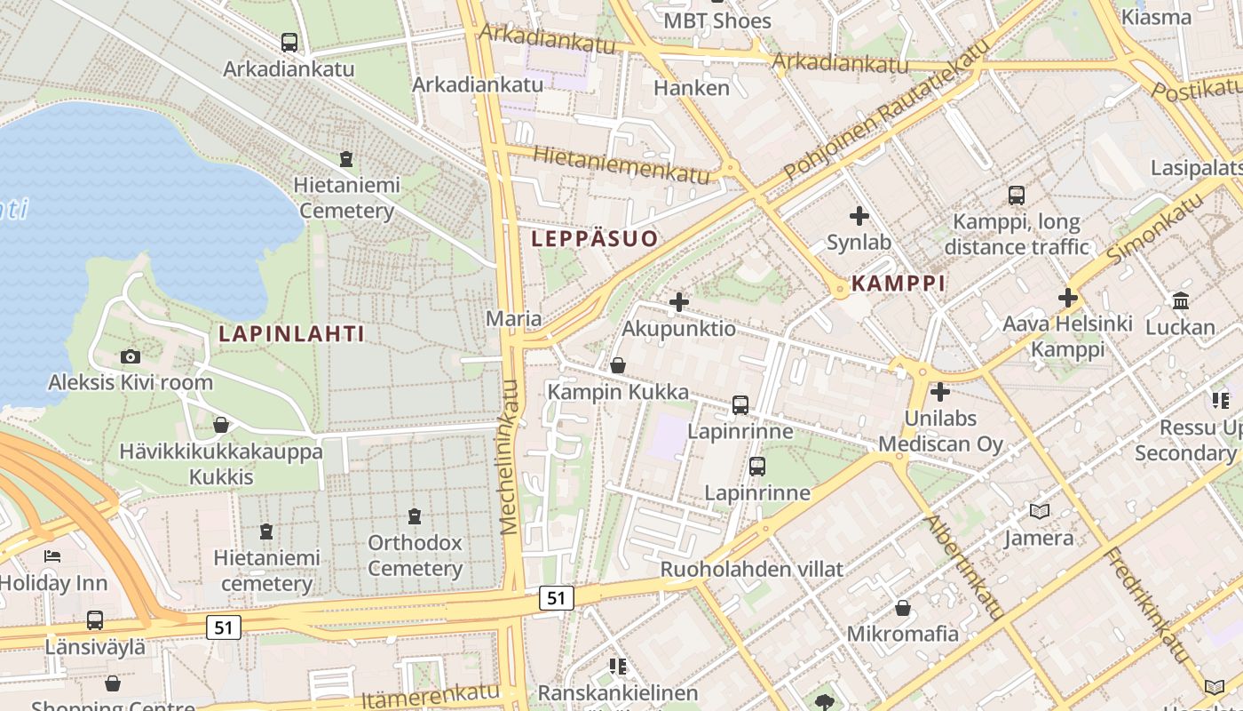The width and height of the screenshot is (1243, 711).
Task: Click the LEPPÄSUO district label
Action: [595, 238]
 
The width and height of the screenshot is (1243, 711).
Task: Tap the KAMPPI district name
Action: [898, 284]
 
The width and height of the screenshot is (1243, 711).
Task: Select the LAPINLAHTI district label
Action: [291, 333]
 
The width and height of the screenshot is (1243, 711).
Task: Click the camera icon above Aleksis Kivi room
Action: [131, 356]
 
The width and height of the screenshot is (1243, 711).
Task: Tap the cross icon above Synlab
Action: [859, 215]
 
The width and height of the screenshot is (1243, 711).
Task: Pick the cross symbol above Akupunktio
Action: [679, 302]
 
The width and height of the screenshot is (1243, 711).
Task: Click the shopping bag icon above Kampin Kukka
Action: [618, 365]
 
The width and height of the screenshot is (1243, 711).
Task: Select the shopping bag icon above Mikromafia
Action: [903, 608]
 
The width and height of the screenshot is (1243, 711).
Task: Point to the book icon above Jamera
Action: [1039, 511]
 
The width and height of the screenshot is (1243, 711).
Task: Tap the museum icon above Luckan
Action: [1180, 300]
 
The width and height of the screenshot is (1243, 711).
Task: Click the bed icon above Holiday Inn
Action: [52, 556]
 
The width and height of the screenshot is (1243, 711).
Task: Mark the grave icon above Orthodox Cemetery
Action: [414, 515]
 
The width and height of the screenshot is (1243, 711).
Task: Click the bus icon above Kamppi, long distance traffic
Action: [1016, 195]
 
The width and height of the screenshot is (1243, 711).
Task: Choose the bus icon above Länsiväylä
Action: [94, 620]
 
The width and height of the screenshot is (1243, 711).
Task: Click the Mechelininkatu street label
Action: [510, 457]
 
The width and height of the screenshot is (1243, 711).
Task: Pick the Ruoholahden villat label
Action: [751, 569]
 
